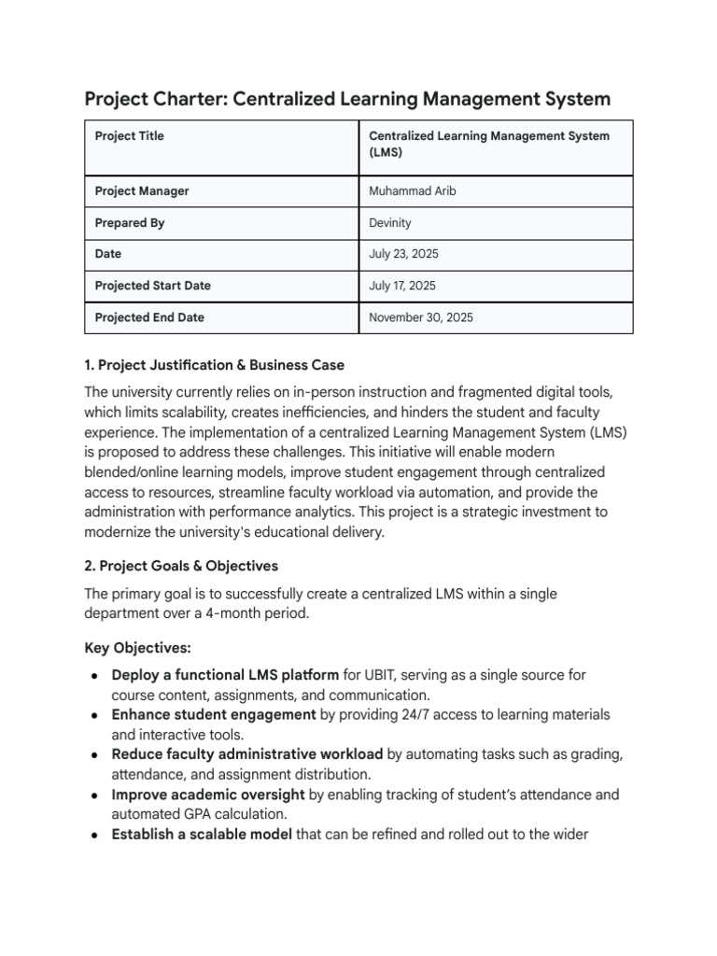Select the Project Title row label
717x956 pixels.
(129, 136)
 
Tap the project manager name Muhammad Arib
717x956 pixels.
(413, 191)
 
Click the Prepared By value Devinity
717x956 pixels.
(390, 223)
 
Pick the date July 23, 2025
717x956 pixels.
(403, 254)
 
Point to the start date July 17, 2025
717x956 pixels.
(402, 286)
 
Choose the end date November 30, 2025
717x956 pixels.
(421, 317)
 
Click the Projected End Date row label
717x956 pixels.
(149, 317)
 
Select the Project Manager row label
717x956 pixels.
(142, 191)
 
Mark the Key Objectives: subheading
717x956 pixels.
(136, 646)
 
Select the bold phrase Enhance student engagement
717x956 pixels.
(214, 714)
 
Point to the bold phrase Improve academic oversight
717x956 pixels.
(208, 794)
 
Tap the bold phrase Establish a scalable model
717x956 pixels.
(202, 835)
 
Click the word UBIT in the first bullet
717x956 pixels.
(384, 674)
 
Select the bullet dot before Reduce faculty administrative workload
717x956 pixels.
(96, 754)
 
